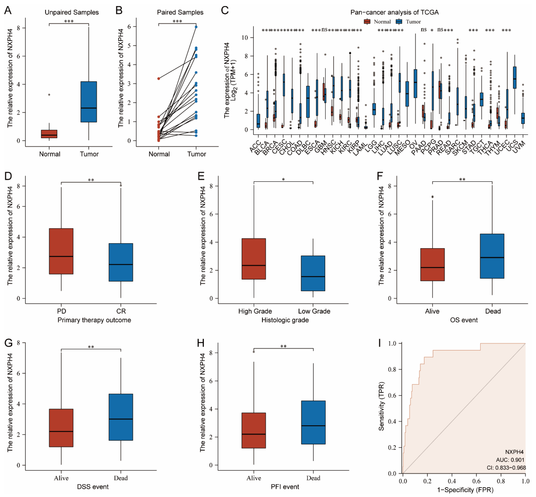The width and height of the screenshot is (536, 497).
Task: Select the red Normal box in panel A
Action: click(x=49, y=134)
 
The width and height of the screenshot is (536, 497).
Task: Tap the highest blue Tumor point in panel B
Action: click(x=196, y=27)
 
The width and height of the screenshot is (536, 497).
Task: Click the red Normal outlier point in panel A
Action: click(x=49, y=95)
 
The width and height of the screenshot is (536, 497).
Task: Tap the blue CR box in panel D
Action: click(x=121, y=262)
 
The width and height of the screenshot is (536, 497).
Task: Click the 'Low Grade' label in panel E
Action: click(x=314, y=311)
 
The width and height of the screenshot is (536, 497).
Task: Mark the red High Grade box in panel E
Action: click(x=254, y=259)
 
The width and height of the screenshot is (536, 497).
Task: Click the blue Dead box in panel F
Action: click(x=492, y=256)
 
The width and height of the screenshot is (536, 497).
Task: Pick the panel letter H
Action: click(x=201, y=343)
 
